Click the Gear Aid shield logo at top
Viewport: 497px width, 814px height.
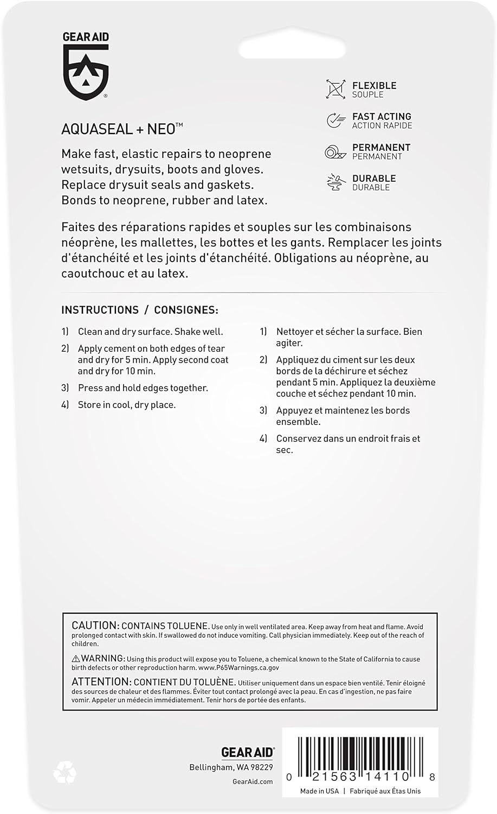coord(86,70)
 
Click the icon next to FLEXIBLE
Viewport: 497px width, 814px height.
coord(335,89)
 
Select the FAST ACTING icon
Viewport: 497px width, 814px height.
coord(336,120)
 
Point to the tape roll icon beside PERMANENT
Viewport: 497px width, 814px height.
coord(335,151)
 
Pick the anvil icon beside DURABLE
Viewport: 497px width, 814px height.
coord(336,182)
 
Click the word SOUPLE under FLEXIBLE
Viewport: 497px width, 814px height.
coord(367,95)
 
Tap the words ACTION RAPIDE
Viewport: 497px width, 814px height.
coord(382,126)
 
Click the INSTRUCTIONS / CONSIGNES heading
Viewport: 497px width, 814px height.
coord(140,310)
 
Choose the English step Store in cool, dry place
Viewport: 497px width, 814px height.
coord(126,405)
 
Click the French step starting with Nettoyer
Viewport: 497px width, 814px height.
coord(348,337)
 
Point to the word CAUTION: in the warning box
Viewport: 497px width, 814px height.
coord(95,626)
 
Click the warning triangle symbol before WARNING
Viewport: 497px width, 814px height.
coord(76,659)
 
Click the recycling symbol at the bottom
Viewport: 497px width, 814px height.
coord(65,772)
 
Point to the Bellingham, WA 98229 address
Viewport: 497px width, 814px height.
coord(231,767)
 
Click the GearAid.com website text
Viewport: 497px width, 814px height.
coord(252,781)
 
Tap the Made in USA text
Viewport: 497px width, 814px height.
coord(319,791)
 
